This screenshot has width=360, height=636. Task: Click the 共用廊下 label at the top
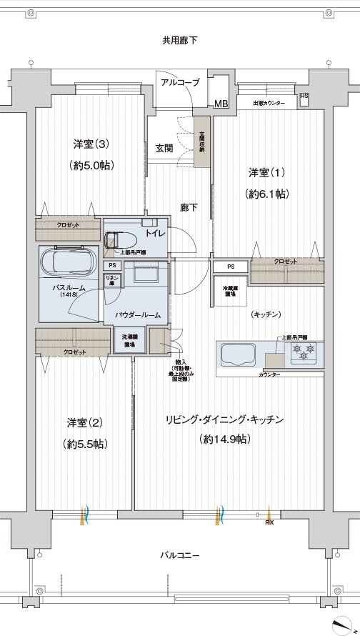click(x=179, y=40)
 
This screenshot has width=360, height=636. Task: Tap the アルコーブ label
click(x=180, y=83)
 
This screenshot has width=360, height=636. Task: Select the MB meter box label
click(x=221, y=104)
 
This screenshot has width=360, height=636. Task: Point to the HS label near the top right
click(x=304, y=96)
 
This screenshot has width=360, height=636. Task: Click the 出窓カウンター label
click(x=269, y=104)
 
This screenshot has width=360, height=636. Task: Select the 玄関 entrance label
click(x=164, y=149)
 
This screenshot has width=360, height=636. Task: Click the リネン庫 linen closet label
click(x=112, y=279)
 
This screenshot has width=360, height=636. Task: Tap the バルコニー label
click(x=179, y=555)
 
